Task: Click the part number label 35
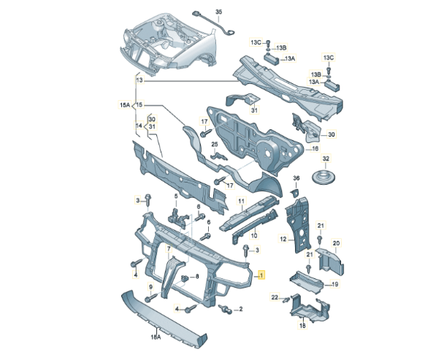[x=199, y=4]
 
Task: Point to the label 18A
[x=155, y=337]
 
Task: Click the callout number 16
[x=316, y=148]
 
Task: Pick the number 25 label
[x=215, y=145]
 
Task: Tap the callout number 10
[x=254, y=236]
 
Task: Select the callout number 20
[x=337, y=243]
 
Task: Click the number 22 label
[x=275, y=297]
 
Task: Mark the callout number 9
[x=151, y=286]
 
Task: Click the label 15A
[x=125, y=105]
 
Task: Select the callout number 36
[x=296, y=177]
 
